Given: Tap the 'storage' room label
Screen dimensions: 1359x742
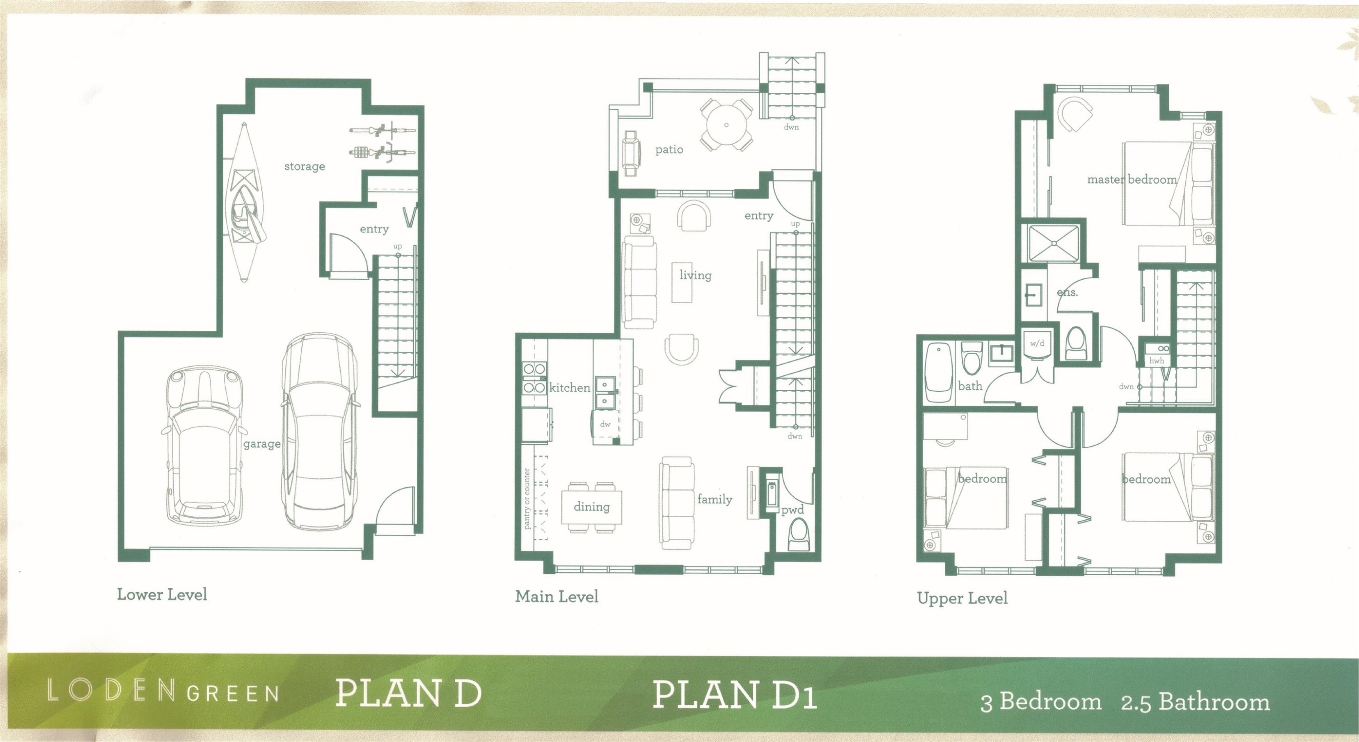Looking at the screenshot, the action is pos(304,166).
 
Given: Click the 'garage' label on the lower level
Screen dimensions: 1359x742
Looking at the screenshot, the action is pos(262,444).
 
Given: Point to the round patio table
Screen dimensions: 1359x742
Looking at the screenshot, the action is pos(727,125).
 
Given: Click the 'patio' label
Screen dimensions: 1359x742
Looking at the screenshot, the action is pos(669,150).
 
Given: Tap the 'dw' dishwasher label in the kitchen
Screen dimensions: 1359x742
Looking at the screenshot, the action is pos(605,424).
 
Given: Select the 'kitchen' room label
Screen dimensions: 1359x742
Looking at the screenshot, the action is pos(570,388).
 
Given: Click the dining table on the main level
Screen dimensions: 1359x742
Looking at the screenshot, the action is pos(592,507).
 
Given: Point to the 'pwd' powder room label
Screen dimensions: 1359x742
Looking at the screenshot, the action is pos(792,510).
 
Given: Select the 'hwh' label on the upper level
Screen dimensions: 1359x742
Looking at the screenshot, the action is pos(1157,361).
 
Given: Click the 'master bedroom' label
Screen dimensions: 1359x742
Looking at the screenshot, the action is pos(1132,179).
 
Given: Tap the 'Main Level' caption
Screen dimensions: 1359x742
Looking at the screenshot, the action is pos(557,597).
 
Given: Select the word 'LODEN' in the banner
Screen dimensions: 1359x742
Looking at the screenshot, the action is pos(111,691).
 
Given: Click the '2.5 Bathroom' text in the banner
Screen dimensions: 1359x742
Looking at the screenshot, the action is pos(1195,702).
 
